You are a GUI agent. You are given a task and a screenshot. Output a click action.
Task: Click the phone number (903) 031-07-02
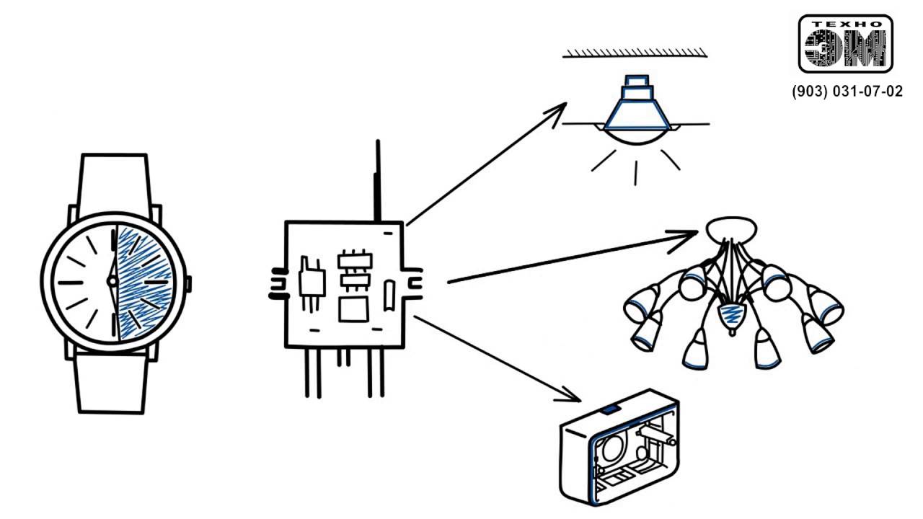(x=847, y=92)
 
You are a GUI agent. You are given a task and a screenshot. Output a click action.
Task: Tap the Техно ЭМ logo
(x=846, y=44)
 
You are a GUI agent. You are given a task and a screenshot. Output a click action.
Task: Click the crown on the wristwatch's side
(x=190, y=283)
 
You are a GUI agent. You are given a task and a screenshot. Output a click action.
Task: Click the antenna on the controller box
(x=376, y=180)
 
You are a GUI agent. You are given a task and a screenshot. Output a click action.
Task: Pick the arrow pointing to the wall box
(x=498, y=358)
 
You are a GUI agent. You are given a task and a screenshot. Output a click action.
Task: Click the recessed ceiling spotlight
(x=635, y=115)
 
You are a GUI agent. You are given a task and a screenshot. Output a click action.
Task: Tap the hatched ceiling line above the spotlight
(x=635, y=53)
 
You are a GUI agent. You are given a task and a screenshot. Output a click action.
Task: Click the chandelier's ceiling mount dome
(x=731, y=231)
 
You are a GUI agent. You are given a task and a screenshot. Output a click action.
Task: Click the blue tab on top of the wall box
(x=610, y=409)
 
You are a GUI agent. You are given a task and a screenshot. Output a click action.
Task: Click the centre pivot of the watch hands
(x=112, y=281)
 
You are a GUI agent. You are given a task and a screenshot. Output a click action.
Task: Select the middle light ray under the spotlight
(x=636, y=173)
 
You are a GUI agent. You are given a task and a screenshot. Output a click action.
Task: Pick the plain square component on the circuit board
(x=353, y=309)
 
